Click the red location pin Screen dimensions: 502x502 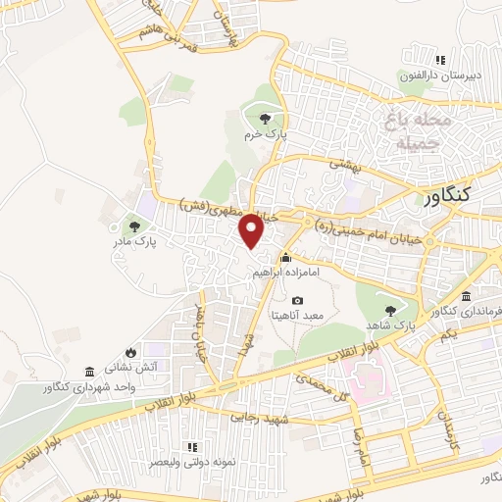coord(252,230)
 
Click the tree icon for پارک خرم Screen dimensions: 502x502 coord(266,119)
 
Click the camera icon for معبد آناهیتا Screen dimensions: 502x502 coord(298,300)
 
